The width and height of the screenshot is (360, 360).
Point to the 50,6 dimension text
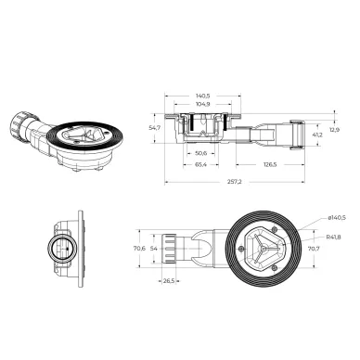200,150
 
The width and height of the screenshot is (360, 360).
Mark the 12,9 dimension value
335,130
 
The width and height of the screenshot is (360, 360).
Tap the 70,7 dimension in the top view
313,249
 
